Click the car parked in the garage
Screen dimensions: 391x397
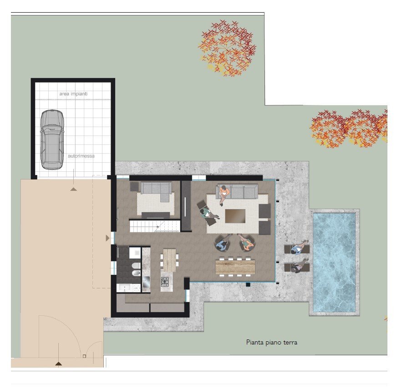tap(51, 139)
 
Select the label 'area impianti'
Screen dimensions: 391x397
tap(73, 94)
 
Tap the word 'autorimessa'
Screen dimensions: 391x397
tap(81, 156)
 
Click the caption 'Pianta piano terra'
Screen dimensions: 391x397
tap(271, 342)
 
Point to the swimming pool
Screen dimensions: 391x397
tap(335, 262)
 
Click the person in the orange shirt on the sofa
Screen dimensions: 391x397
tap(224, 193)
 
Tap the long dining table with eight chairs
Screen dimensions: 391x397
tap(235, 267)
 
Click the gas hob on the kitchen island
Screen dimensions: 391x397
tap(165, 282)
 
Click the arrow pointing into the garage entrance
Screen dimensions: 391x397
tap(73, 188)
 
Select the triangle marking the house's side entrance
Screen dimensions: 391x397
tap(107, 238)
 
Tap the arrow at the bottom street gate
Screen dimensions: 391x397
tap(58, 363)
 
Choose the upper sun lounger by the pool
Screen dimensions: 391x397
tap(296, 249)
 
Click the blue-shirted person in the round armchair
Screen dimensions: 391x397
tap(222, 245)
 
